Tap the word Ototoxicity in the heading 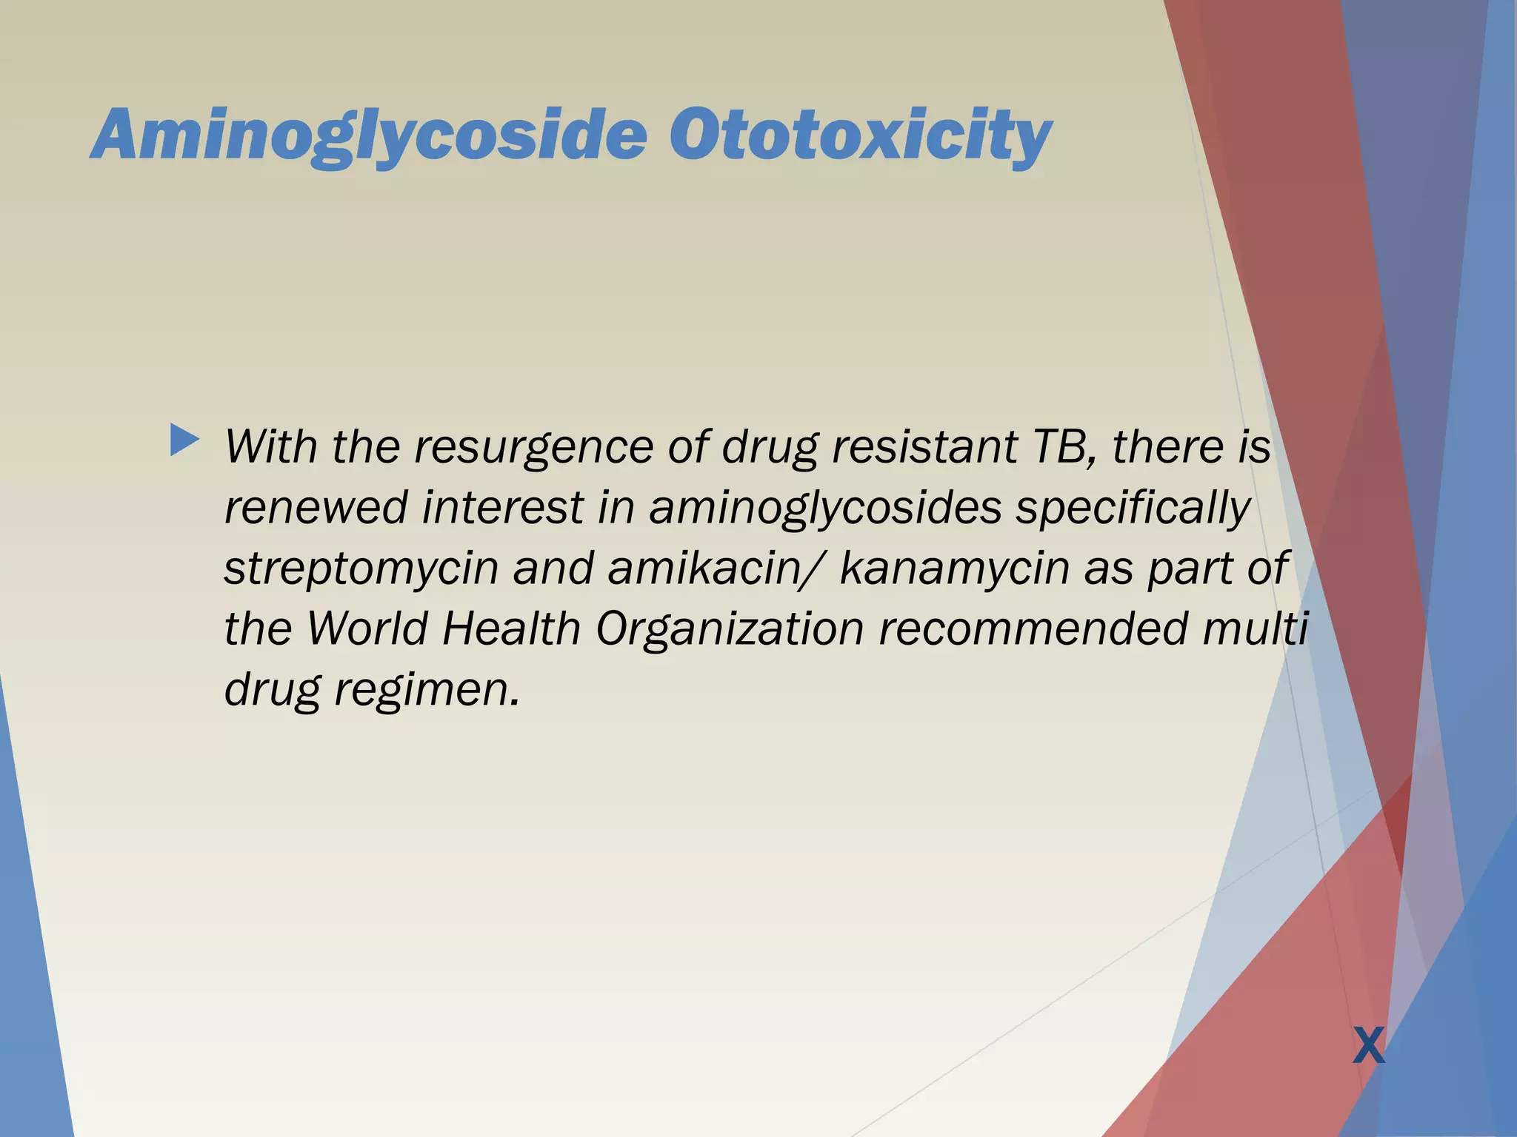859,135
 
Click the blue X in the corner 1368,1046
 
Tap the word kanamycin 955,569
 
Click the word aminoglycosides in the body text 825,509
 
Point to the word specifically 1133,509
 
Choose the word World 367,628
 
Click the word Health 511,628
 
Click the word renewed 316,509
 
